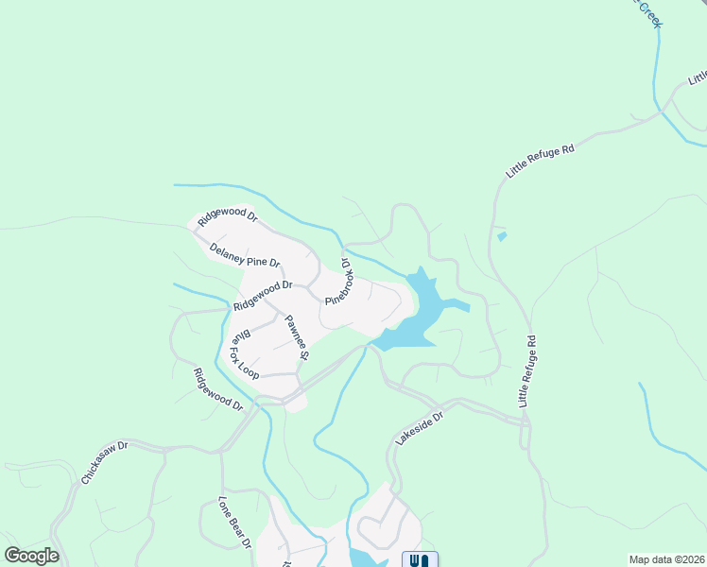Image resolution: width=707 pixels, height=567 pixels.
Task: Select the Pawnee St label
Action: (x=298, y=337)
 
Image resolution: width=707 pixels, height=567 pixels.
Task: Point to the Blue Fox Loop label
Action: (x=245, y=353)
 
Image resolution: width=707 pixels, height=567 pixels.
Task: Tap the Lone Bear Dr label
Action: (x=233, y=523)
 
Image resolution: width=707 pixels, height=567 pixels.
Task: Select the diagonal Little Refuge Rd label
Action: (x=540, y=156)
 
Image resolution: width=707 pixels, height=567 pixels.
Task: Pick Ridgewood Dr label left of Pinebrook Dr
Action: (x=264, y=296)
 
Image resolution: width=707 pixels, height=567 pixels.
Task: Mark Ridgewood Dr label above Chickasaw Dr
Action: (x=217, y=390)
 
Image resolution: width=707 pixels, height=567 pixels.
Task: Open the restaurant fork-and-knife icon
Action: (x=421, y=559)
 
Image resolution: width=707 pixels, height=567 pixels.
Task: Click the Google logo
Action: (x=31, y=556)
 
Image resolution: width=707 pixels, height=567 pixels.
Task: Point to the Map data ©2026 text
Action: (x=665, y=559)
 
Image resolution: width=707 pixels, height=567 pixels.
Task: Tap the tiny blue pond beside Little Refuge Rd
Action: (x=501, y=236)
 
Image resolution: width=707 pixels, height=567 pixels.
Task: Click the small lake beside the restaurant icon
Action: (x=364, y=558)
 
